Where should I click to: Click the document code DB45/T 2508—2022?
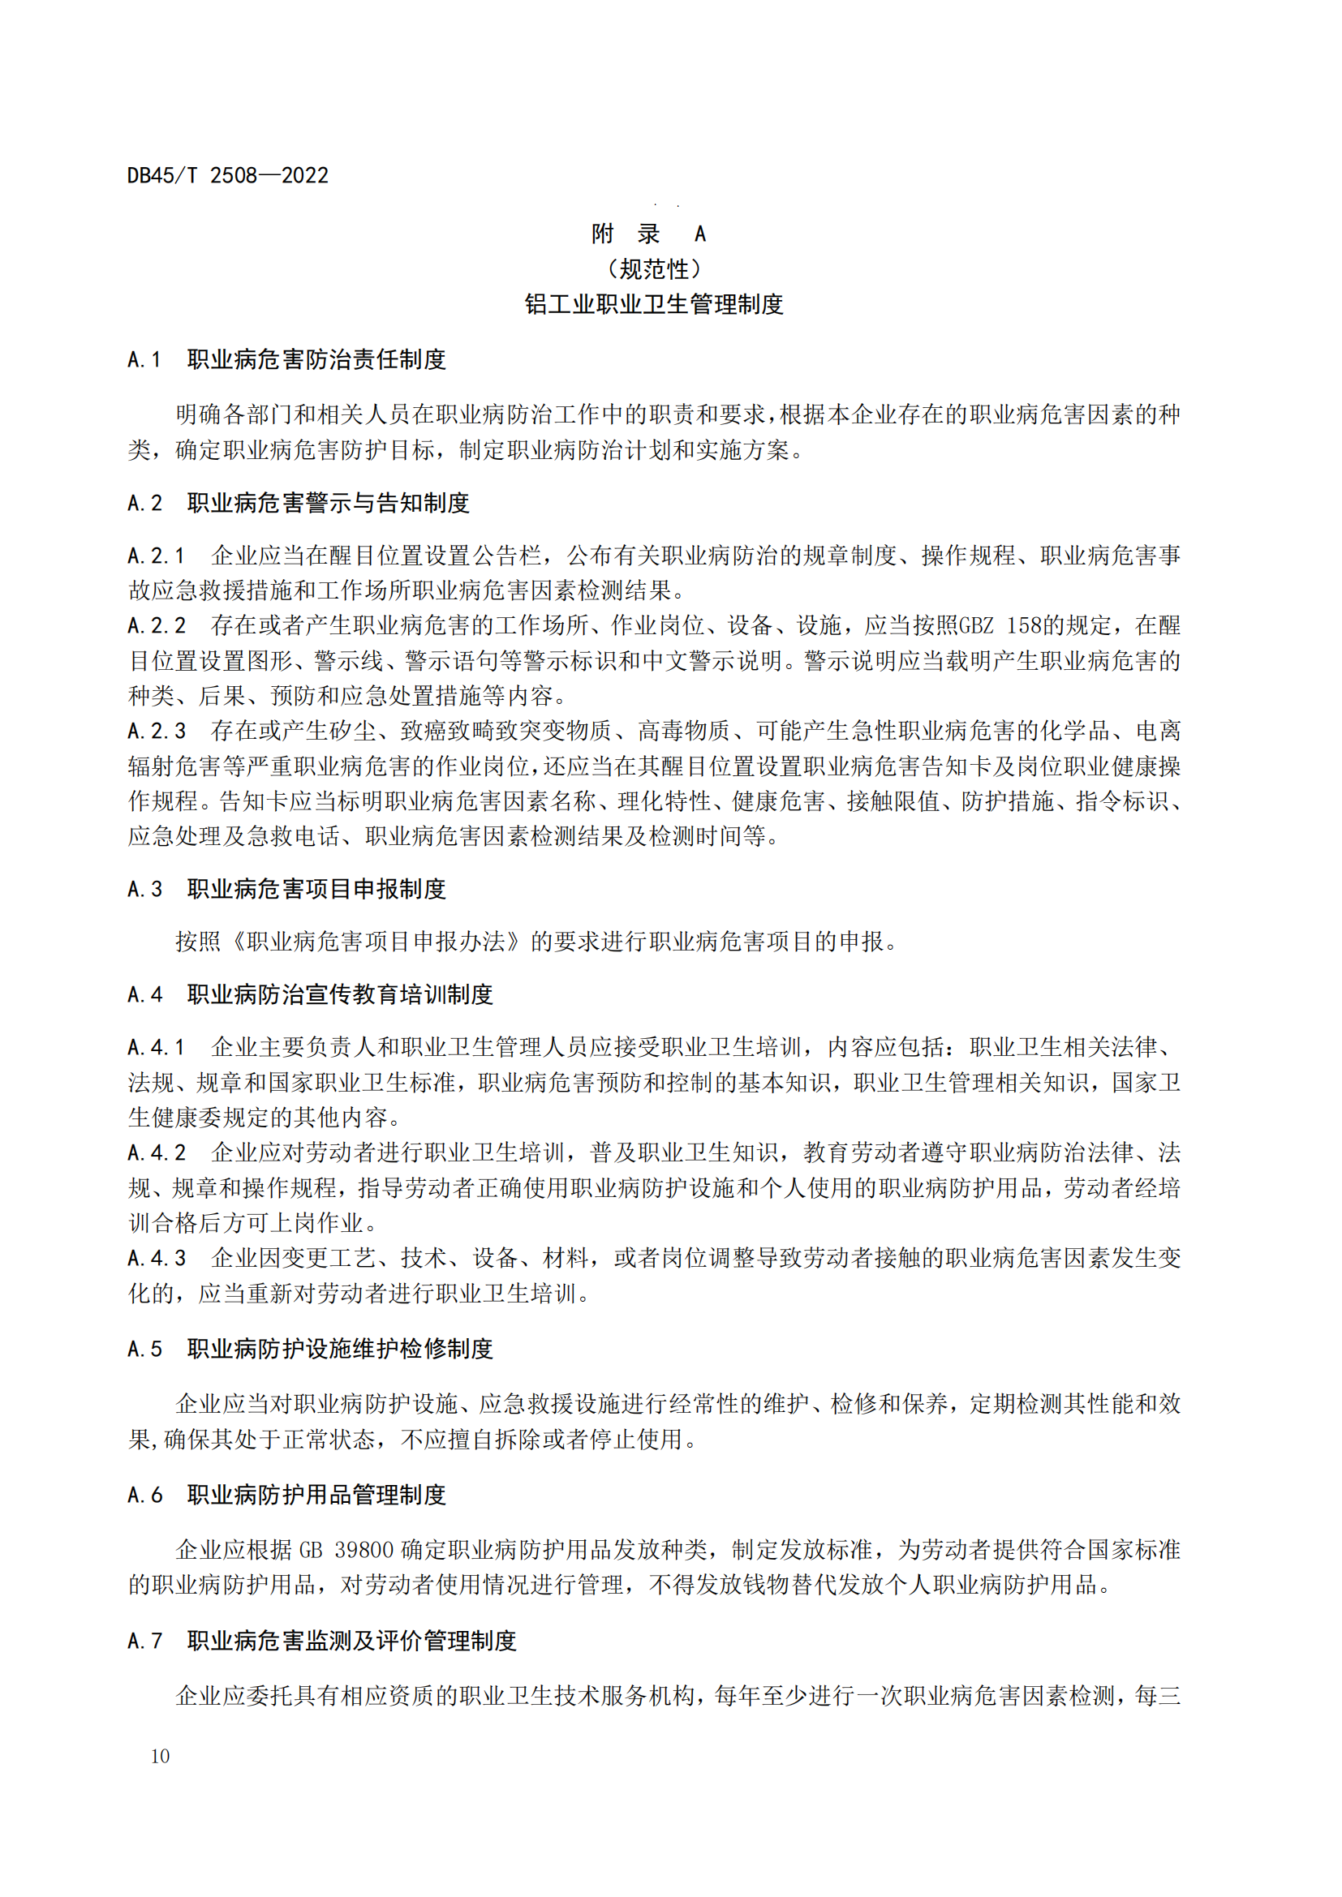pos(227,175)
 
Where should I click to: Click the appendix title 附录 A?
pos(649,234)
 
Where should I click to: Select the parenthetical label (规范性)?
pos(654,269)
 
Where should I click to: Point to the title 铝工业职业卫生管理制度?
pos(654,305)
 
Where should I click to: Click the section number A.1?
pos(144,360)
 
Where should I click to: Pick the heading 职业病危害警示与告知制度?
pos(328,503)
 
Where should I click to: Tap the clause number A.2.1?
pos(156,556)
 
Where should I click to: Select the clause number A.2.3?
pos(156,732)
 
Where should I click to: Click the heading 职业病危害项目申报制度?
pos(316,890)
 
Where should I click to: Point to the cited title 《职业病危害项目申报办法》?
pos(376,942)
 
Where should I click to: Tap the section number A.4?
pos(144,995)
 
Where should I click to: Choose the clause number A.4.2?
pos(156,1152)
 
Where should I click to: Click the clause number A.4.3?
pos(156,1259)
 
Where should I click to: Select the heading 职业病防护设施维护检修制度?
pos(340,1350)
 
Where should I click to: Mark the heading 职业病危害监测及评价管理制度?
pos(351,1641)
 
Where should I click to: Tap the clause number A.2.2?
pos(156,626)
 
